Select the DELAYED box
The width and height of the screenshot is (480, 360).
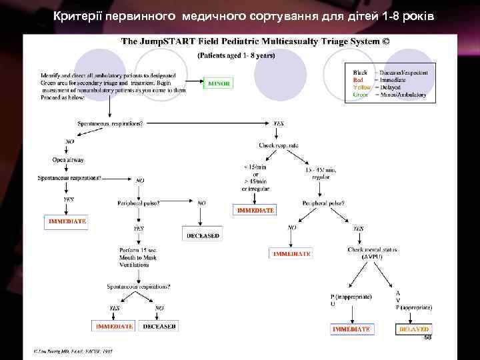pyautogui.click(x=414, y=329)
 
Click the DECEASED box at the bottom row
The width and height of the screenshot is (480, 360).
pyautogui.click(x=159, y=326)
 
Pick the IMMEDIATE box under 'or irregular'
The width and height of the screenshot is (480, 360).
pyautogui.click(x=255, y=210)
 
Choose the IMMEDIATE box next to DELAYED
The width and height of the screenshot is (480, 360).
pyautogui.click(x=351, y=329)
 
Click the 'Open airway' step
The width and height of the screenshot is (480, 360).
pyautogui.click(x=68, y=160)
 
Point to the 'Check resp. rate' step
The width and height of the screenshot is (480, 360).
pyautogui.click(x=279, y=145)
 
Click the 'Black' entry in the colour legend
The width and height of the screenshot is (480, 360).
pyautogui.click(x=360, y=72)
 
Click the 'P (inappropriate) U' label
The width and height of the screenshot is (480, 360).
pyautogui.click(x=351, y=299)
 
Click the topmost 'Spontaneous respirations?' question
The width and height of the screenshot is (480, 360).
pyautogui.click(x=111, y=123)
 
